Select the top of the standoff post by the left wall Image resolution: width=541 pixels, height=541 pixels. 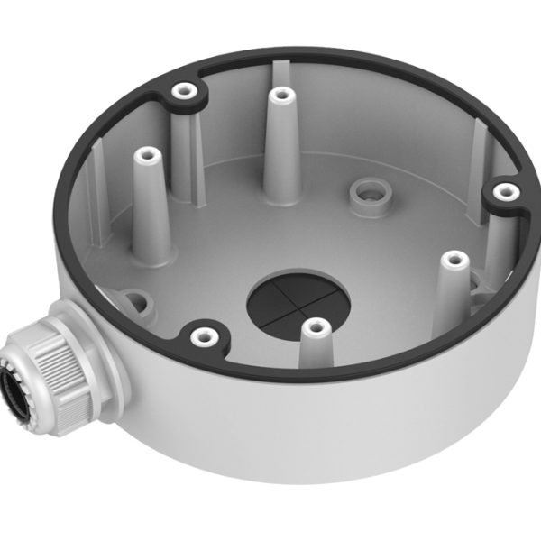coord(143,156)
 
